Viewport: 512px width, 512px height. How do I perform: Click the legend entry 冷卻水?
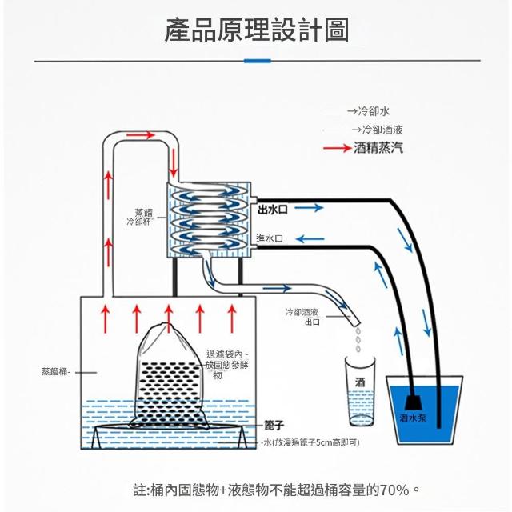[374, 111]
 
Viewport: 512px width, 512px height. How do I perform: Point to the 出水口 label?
[273, 209]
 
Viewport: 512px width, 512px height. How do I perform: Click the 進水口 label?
[270, 238]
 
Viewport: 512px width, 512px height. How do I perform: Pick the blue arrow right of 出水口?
[313, 209]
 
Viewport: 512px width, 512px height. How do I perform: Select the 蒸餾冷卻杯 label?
[142, 217]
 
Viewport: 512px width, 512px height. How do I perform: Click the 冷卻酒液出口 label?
[302, 317]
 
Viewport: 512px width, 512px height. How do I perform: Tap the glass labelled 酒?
[359, 391]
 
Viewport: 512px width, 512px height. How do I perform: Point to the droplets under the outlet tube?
[358, 340]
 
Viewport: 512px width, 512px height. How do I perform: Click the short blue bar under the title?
[256, 61]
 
